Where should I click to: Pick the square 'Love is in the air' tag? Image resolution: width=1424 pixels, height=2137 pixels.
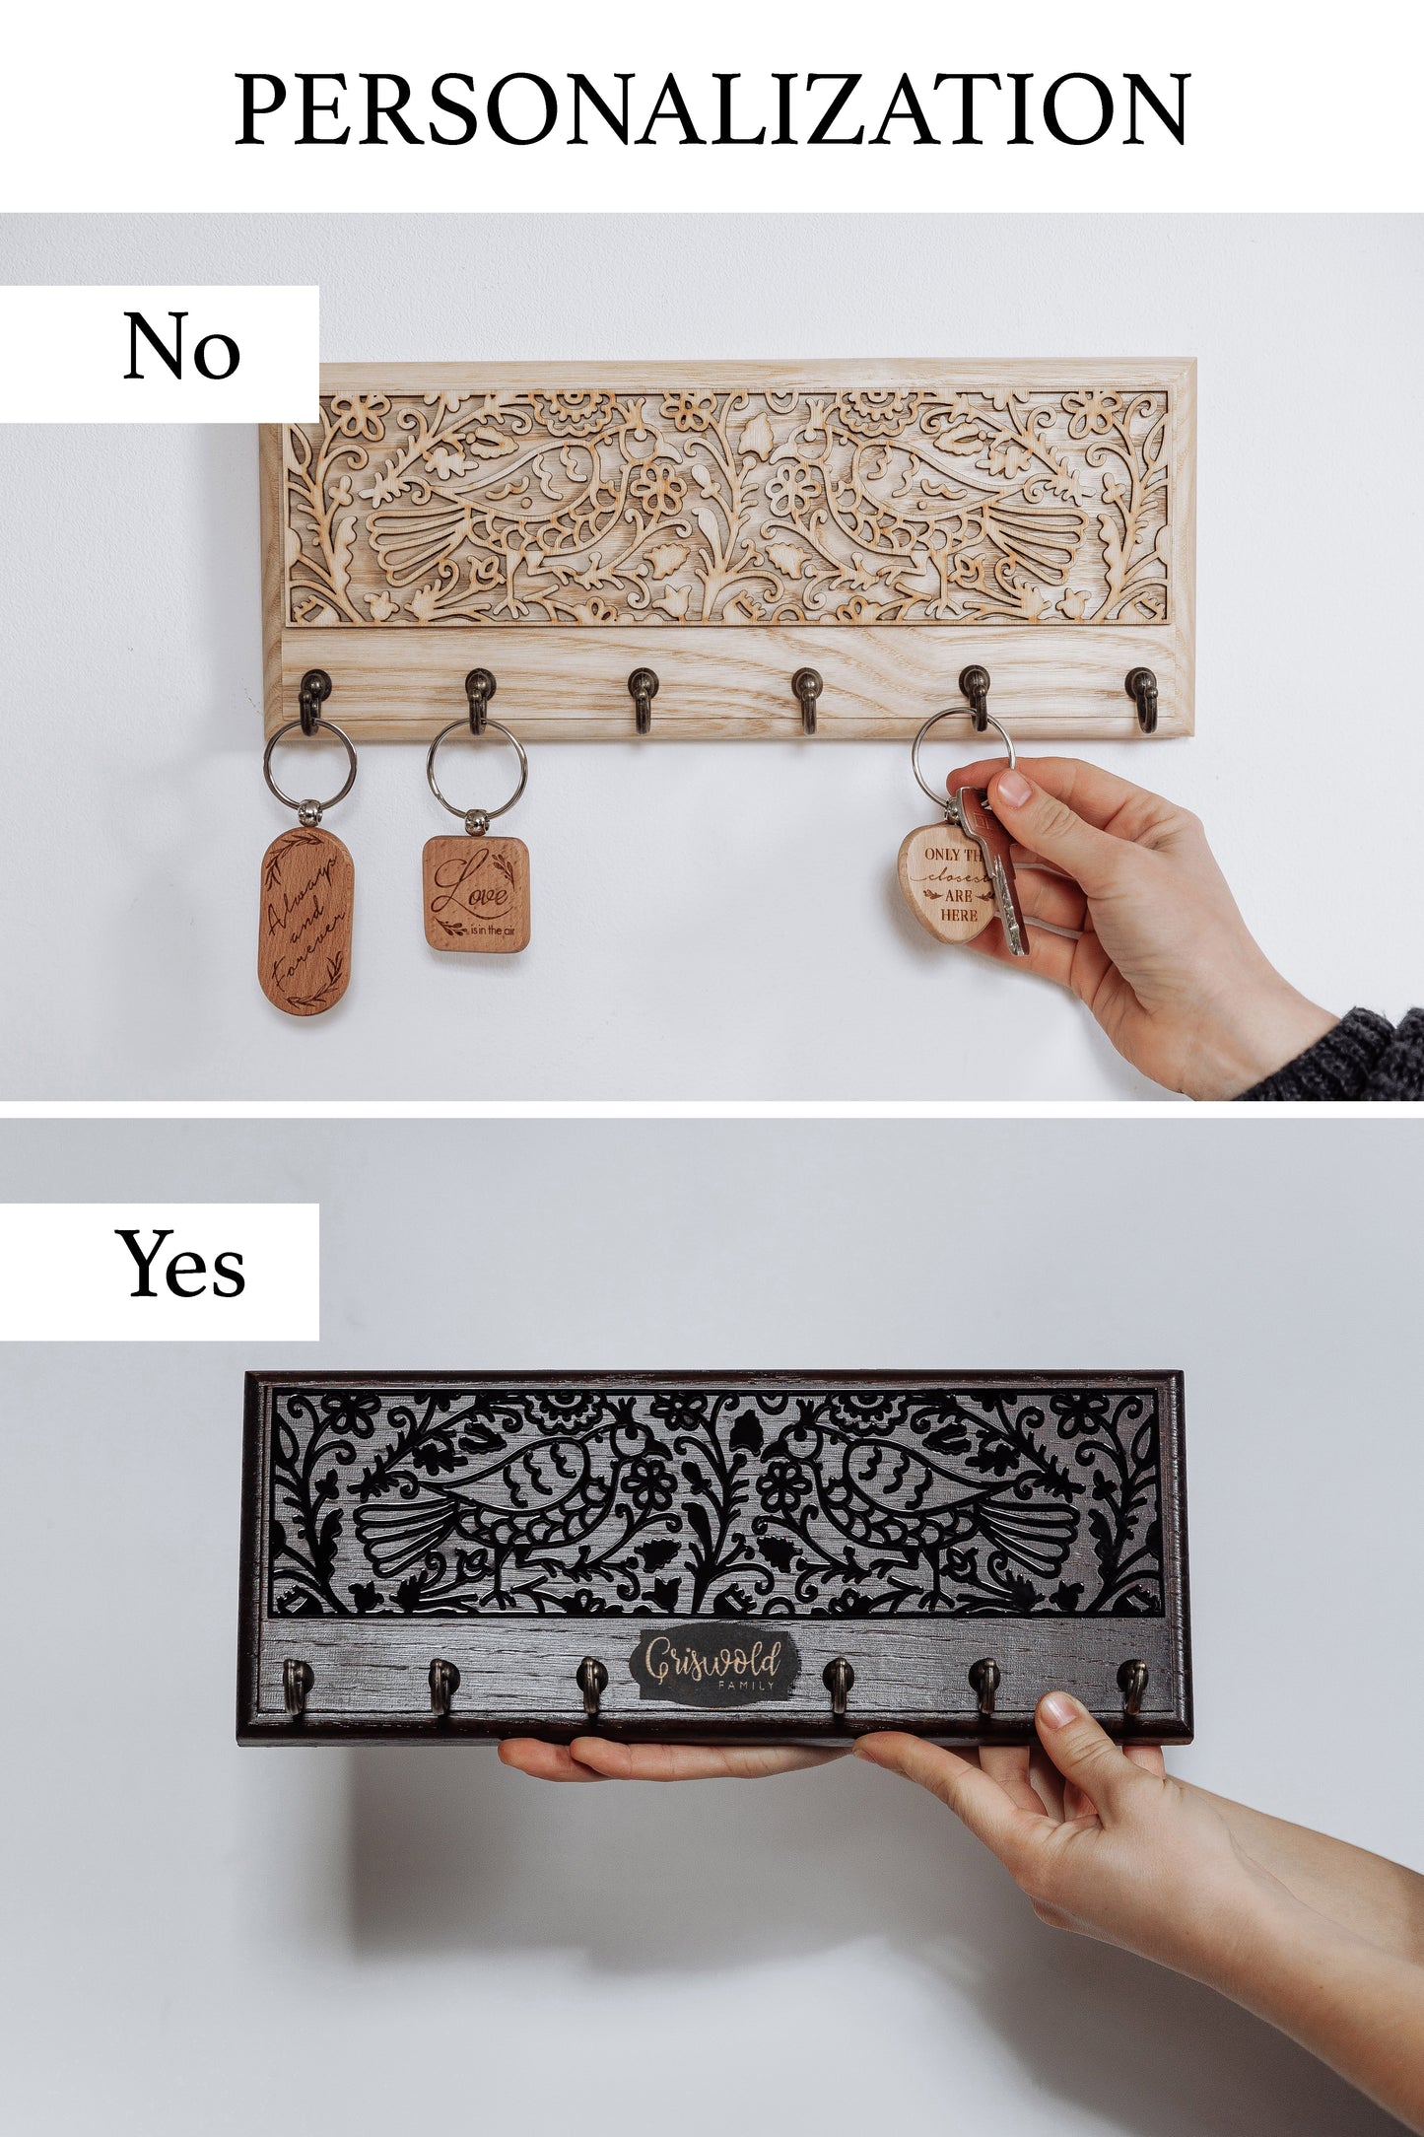click(x=477, y=893)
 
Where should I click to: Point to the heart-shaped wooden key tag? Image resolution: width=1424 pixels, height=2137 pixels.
click(x=946, y=881)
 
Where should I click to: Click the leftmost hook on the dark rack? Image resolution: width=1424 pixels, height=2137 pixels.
click(x=297, y=1684)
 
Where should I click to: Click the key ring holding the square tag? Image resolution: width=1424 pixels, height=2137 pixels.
click(x=477, y=768)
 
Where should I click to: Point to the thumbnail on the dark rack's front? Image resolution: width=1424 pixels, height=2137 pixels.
click(x=1058, y=1710)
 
